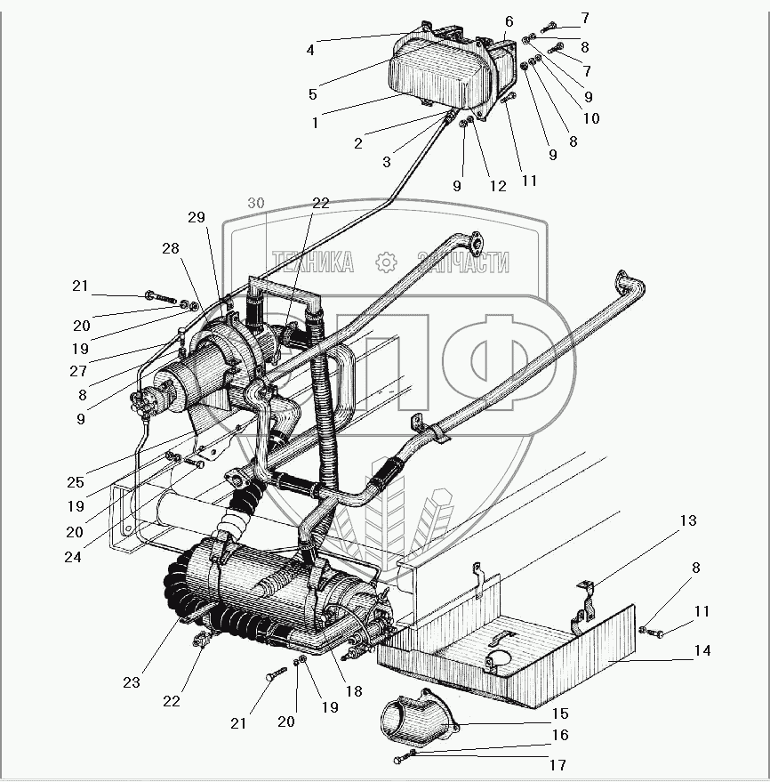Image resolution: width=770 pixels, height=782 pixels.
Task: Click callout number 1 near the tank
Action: (315, 124)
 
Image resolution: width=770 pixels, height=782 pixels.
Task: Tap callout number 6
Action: (509, 20)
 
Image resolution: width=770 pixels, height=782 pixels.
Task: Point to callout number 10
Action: (590, 117)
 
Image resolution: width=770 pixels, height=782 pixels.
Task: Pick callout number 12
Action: (498, 187)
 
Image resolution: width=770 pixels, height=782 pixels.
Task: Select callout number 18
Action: (355, 691)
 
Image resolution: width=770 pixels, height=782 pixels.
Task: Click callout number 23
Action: (132, 683)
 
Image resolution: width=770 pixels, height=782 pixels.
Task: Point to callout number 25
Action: (76, 483)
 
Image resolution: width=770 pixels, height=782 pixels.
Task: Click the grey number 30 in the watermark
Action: (257, 204)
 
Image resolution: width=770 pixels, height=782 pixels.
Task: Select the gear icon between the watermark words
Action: (385, 262)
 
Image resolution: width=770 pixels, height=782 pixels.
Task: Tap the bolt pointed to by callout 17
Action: (404, 758)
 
